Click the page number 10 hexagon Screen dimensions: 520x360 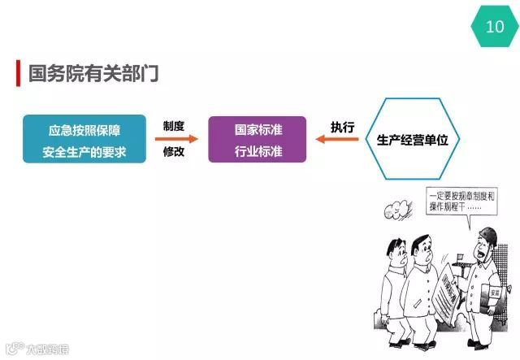tap(495, 26)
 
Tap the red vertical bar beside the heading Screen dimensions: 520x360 tap(18, 73)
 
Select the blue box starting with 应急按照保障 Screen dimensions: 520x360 tap(85, 139)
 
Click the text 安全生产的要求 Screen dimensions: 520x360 tap(85, 151)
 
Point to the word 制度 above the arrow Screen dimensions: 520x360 tap(174, 126)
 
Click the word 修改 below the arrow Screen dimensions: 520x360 tap(174, 151)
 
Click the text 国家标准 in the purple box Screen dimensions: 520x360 tap(257, 128)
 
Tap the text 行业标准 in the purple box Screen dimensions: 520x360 tap(257, 150)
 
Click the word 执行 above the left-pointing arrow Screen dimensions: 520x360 tap(341, 126)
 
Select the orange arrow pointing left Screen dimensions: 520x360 tap(337, 139)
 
